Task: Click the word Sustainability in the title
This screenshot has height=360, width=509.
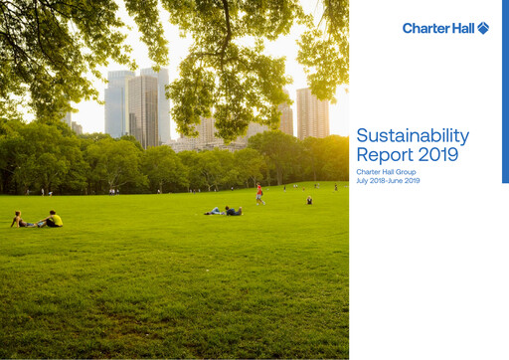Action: coord(413,136)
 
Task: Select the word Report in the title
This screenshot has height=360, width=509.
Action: coord(383,154)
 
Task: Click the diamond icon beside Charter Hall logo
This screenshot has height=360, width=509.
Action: coord(483,28)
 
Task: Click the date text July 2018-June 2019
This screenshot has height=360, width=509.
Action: coord(390,180)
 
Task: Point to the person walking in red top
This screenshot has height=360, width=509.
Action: coord(260,193)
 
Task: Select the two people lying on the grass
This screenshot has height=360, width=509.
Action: coord(225,211)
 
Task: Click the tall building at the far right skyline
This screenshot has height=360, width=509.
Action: coord(312,112)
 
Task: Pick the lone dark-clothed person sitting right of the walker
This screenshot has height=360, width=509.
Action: coord(309,200)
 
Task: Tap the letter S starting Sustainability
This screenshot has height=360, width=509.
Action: coord(362,136)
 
